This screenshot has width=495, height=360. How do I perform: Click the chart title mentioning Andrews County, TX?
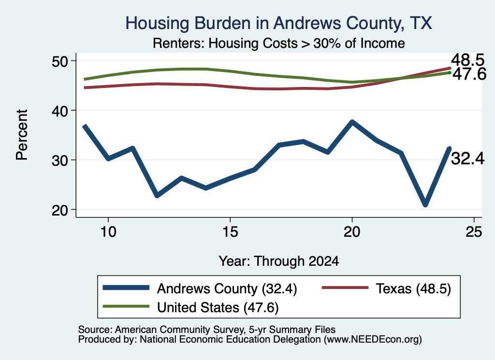[x=278, y=23]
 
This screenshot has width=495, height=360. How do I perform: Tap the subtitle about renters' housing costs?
[x=279, y=43]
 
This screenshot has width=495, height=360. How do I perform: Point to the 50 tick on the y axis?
[x=59, y=61]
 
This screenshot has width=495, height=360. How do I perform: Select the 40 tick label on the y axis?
[x=59, y=111]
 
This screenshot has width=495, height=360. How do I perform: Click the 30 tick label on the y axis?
[x=59, y=160]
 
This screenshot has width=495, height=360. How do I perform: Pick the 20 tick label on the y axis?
[x=59, y=210]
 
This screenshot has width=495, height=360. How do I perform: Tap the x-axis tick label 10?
[x=108, y=232]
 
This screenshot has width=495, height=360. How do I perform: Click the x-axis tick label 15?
[x=230, y=232]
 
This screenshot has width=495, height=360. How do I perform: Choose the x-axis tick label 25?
[x=474, y=232]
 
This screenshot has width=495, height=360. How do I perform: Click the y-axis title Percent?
[x=22, y=135]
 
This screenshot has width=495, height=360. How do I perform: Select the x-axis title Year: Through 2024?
[x=279, y=261]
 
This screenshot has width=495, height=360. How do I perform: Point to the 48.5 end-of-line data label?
[x=467, y=59]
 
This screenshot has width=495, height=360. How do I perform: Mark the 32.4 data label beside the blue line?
[x=467, y=158]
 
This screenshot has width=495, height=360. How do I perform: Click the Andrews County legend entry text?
[x=227, y=288]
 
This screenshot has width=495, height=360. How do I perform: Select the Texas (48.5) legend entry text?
[x=413, y=288]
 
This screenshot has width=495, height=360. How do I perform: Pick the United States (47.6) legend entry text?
[x=218, y=307]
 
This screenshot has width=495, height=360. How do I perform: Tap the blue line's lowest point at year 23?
[x=425, y=204]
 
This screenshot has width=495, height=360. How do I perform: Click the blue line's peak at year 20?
[x=352, y=122]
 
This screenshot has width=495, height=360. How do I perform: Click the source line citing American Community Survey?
[x=207, y=330]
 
